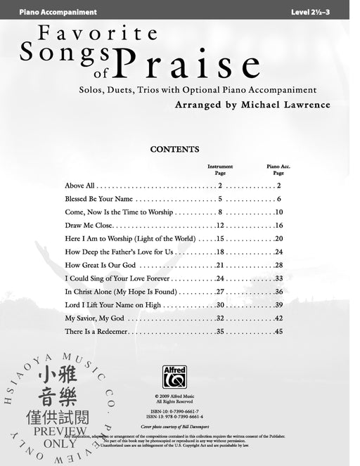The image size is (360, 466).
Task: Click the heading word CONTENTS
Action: coord(175,150)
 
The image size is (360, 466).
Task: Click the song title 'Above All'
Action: coord(79,186)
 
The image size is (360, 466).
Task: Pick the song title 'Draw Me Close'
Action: coord(89,226)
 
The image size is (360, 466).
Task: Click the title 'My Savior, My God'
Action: coord(94,318)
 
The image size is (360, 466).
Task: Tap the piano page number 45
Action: coord(278,331)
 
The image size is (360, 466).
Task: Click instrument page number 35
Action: coord(220,331)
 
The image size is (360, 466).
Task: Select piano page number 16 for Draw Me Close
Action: coord(278,226)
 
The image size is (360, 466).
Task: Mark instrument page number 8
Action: coord(220,212)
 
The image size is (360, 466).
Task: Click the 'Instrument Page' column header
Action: coord(220,169)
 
